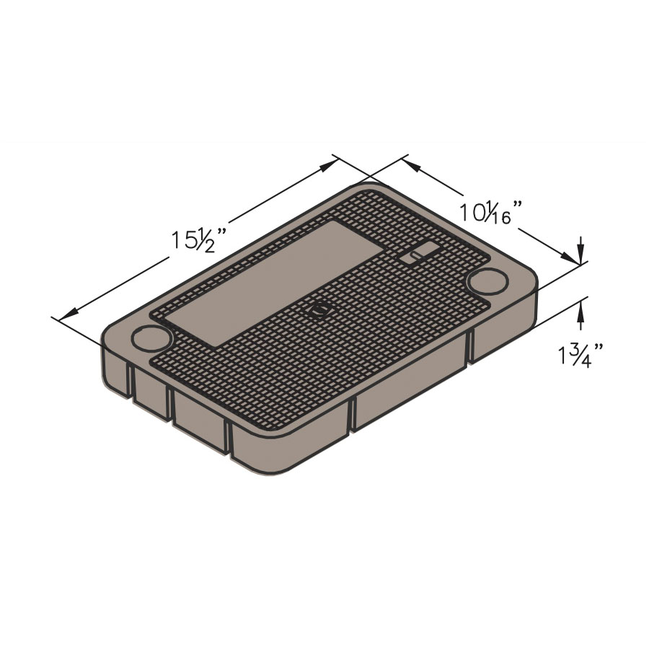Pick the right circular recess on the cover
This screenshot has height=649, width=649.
click(x=488, y=281)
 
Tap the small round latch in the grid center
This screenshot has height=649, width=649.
click(x=320, y=309)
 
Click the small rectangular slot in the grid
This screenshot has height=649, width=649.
click(x=419, y=252)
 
